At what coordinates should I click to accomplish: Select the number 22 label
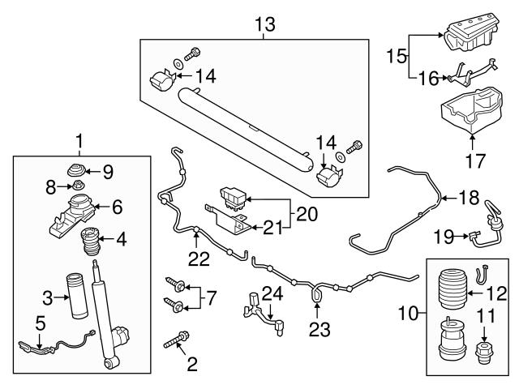(199, 259)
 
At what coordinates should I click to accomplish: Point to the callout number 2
(192, 364)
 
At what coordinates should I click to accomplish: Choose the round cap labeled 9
(79, 169)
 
